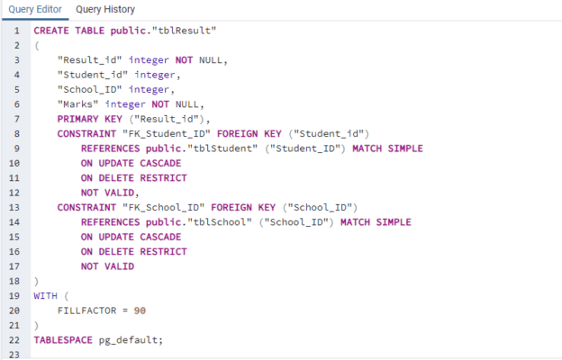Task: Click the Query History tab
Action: tap(105, 9)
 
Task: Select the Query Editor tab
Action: tap(35, 9)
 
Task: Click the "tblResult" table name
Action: tap(185, 31)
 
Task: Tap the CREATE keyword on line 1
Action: tap(51, 31)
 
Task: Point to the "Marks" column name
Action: tap(77, 103)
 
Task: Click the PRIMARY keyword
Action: tap(77, 119)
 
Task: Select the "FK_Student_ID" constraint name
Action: tap(167, 133)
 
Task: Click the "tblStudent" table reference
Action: tap(222, 148)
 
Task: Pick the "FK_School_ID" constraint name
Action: tap(163, 207)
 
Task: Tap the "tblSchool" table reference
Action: tap(220, 222)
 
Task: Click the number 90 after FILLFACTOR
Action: tap(140, 310)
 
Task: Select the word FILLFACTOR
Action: tap(86, 310)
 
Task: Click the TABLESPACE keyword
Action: tap(63, 340)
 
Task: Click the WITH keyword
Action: tap(46, 296)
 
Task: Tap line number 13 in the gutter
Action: tap(14, 207)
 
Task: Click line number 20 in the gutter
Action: tap(14, 310)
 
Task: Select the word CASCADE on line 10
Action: tap(160, 163)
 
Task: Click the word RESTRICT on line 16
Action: tap(163, 251)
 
